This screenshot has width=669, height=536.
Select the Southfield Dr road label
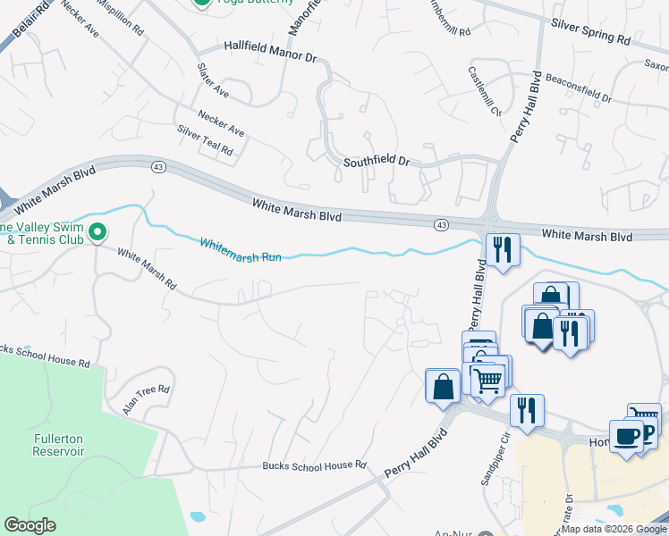(376, 163)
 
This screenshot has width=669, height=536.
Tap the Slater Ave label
(214, 80)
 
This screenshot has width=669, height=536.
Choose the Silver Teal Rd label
(205, 141)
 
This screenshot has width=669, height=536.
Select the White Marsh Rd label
(146, 269)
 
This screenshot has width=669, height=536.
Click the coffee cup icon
(627, 437)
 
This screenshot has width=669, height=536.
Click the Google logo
(30, 525)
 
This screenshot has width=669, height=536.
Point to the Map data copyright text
(614, 529)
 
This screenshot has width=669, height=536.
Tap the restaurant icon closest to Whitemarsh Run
(502, 249)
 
